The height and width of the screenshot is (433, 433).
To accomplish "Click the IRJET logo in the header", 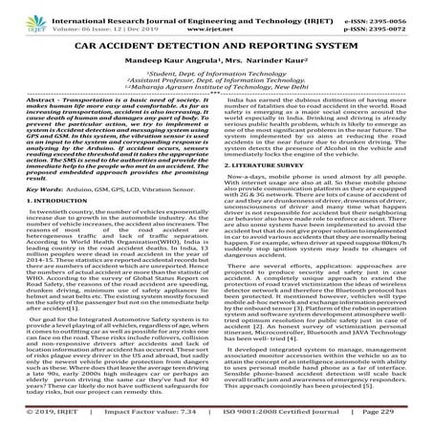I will [x=26, y=16].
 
